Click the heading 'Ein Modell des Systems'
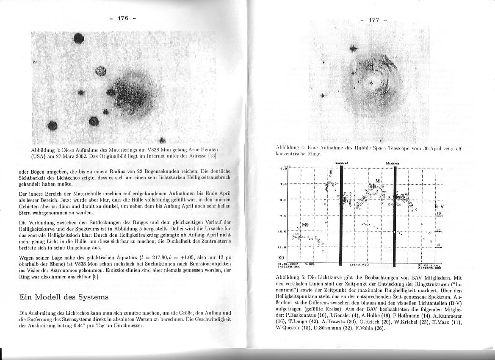coord(64,297)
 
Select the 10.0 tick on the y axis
coord(284,231)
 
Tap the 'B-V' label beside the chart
coord(439,206)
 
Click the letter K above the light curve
coord(331,173)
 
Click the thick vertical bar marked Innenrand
coord(341,216)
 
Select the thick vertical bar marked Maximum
coord(395,216)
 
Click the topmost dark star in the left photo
coord(79,39)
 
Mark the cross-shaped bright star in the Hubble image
coord(352,48)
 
